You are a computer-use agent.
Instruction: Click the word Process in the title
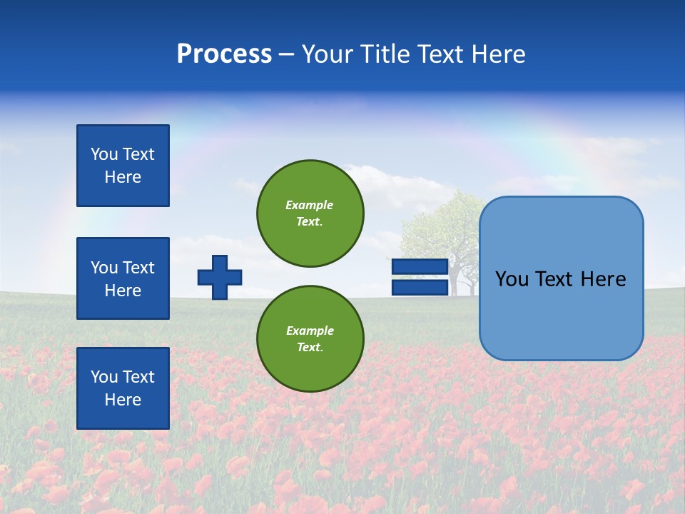tap(224, 54)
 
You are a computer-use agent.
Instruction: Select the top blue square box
tap(123, 166)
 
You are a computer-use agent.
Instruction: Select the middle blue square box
tap(123, 278)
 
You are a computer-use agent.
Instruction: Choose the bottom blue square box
tap(123, 388)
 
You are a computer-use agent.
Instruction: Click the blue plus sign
tap(220, 277)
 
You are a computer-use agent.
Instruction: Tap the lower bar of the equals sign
tap(420, 288)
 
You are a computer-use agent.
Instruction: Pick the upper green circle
tap(310, 213)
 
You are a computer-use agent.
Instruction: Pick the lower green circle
tap(310, 339)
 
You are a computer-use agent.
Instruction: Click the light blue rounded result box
tap(561, 314)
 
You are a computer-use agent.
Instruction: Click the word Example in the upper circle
tap(310, 205)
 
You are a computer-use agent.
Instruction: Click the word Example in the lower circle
tap(310, 331)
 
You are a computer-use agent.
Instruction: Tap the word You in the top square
tap(103, 154)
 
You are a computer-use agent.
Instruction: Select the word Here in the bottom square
tap(123, 400)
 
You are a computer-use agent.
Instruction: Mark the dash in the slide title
tap(287, 54)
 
